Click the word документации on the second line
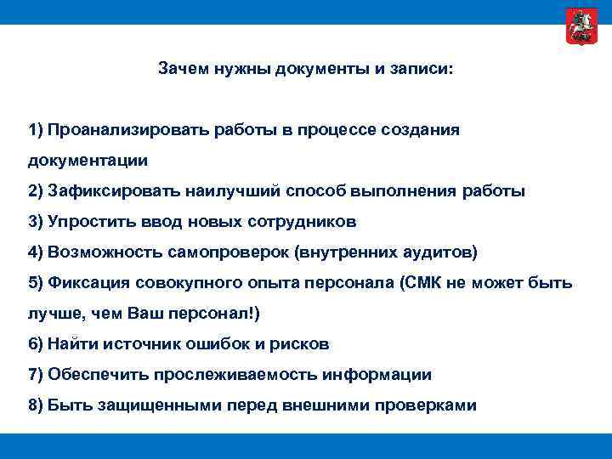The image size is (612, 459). click(88, 160)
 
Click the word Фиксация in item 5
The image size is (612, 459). click(82, 283)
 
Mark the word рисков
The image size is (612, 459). click(299, 344)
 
